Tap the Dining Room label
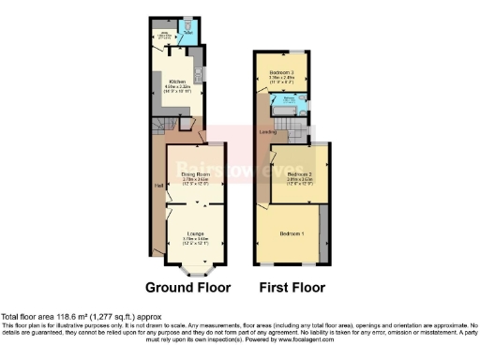194,174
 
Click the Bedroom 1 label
291,232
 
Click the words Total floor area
29,316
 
